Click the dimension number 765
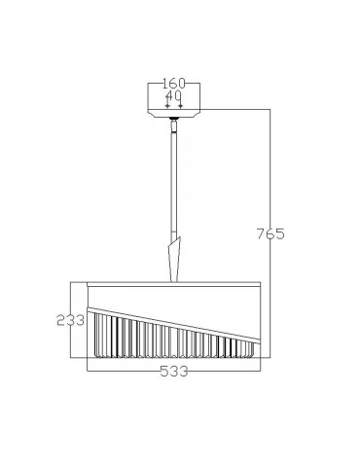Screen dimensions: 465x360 tap(270, 233)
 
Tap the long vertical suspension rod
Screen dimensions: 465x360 tap(175, 180)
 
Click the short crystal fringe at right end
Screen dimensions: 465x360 tap(251, 347)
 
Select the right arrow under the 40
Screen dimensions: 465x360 tap(182, 105)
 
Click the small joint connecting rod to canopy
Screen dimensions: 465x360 tap(175, 121)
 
